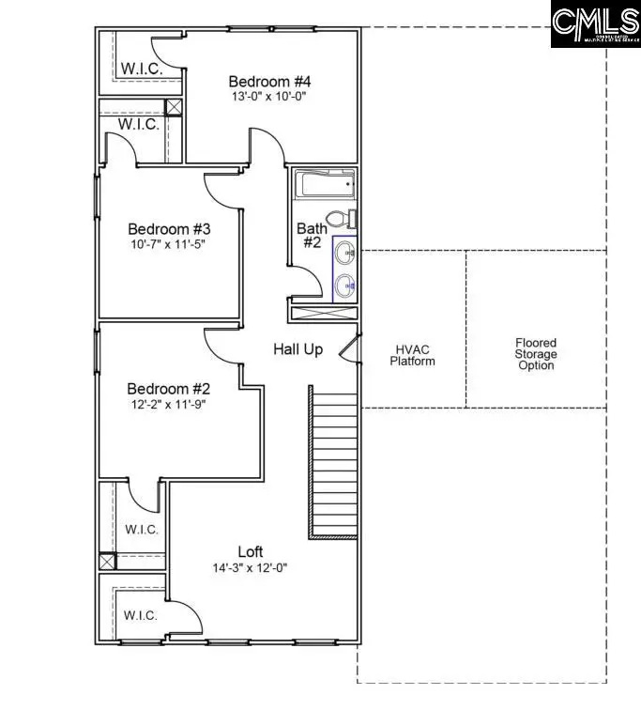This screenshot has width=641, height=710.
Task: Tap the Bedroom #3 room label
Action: pos(169,228)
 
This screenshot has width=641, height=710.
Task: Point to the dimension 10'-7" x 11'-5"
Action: pos(169,244)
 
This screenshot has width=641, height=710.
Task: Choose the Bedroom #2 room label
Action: pos(169,389)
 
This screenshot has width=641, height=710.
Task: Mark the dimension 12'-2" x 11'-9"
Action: pos(169,405)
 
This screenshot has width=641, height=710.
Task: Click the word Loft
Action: pos(250,552)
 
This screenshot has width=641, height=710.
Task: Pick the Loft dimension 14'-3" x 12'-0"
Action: pos(250,568)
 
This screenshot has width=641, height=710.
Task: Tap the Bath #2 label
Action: pos(312,235)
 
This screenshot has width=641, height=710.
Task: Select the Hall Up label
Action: pos(298,349)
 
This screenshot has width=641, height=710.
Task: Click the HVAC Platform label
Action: pos(413,355)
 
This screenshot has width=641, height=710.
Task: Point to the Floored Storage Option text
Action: pos(536,354)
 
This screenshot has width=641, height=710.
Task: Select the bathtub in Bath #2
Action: pos(324,185)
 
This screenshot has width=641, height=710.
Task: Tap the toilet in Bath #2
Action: pos(346,220)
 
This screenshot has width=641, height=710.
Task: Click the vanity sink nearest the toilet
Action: pos(344,253)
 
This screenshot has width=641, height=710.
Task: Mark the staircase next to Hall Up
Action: pos(333,460)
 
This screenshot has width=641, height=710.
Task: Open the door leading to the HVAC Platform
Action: pos(350,348)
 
